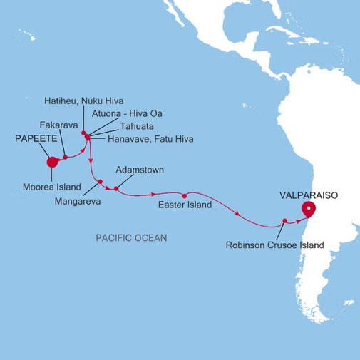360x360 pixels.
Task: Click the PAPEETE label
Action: pos(36,140)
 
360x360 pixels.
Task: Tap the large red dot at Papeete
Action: pos(51,162)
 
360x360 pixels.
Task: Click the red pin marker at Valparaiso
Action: pos(308,208)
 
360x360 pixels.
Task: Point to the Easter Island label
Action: pos(184,205)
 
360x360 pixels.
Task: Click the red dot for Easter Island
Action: pos(184,195)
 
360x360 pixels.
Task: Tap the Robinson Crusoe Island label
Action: pos(274,245)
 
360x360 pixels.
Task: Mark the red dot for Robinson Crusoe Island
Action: pos(284,220)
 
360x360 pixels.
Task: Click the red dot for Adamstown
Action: pos(115,188)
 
